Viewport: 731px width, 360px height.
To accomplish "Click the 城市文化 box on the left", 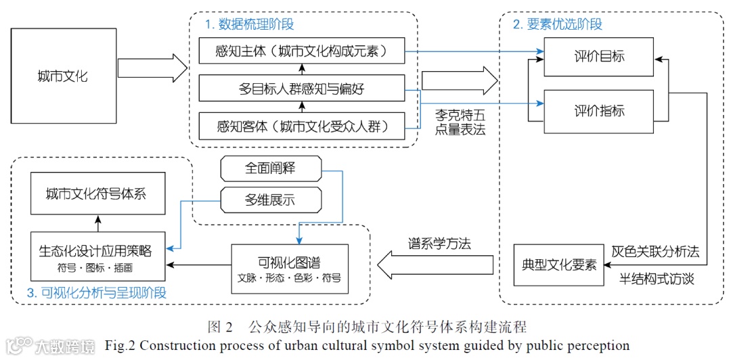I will coord(62,76).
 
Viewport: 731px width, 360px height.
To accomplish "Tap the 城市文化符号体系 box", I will coord(97,195).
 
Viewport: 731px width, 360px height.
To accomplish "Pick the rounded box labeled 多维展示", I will coord(271,200).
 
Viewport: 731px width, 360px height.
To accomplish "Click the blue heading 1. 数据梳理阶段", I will coord(249,24).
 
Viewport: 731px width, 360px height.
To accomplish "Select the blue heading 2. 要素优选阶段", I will coord(557,24).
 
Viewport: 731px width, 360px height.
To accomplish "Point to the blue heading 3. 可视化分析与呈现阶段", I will coord(96,293).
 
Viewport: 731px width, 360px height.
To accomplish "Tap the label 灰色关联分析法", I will coord(655,252).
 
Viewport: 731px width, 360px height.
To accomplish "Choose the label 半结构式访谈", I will coord(657,278).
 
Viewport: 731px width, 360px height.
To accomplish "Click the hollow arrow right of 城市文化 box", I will coord(152,68).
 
